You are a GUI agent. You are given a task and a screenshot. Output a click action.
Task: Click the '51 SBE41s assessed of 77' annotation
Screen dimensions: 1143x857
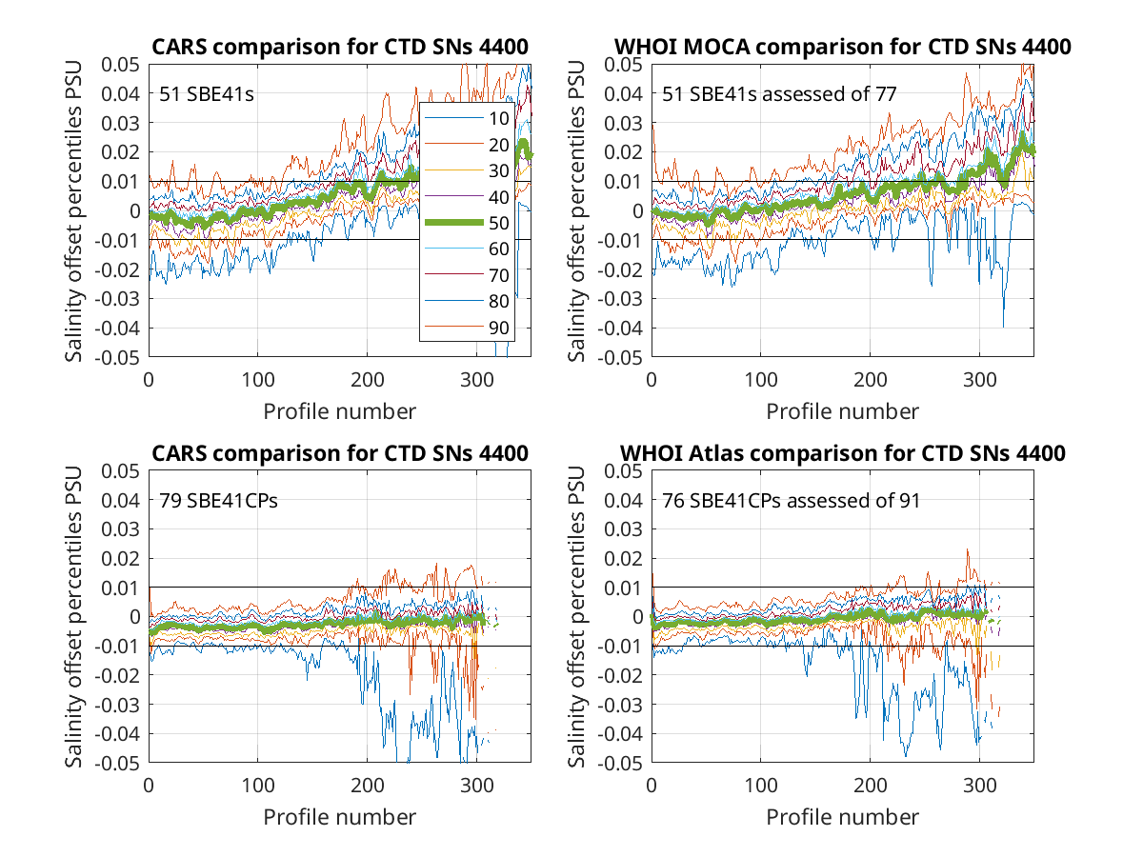point(779,94)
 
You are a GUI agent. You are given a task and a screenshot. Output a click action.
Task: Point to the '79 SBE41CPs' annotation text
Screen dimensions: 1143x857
point(218,501)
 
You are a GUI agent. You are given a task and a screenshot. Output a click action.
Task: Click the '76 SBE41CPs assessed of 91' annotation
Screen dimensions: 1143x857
point(791,501)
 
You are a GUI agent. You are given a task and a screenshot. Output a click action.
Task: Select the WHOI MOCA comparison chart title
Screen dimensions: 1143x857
point(843,47)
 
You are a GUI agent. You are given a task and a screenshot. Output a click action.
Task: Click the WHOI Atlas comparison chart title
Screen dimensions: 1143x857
point(843,453)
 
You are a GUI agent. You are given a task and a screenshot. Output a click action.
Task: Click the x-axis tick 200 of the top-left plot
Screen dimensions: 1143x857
point(367,380)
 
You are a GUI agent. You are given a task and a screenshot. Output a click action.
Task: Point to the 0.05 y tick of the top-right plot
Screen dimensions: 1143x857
point(623,65)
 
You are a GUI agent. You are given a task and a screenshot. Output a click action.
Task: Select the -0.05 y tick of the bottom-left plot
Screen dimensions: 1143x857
point(117,764)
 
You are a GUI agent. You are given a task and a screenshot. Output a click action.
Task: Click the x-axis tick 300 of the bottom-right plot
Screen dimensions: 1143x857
point(979,786)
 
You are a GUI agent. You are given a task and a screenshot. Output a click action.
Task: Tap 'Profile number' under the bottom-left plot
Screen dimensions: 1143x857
point(339,817)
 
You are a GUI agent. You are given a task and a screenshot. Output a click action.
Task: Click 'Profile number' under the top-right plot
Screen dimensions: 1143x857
point(843,411)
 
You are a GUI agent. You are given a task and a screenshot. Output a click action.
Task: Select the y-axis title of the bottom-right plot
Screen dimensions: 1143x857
point(576,617)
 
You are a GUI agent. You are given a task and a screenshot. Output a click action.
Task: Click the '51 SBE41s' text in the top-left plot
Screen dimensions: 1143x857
point(206,94)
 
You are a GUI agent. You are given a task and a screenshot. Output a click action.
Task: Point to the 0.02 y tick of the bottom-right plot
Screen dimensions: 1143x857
point(623,559)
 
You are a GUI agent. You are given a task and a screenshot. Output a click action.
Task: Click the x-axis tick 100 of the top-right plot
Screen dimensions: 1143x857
point(761,380)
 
